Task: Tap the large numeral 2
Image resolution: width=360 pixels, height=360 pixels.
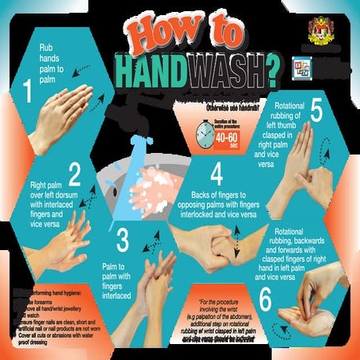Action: pos(75,174)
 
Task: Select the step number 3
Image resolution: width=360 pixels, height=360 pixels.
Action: pos(122,239)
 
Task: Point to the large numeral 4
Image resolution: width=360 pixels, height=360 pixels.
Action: pos(216,174)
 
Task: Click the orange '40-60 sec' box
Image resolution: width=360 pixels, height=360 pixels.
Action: pos(225,140)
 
